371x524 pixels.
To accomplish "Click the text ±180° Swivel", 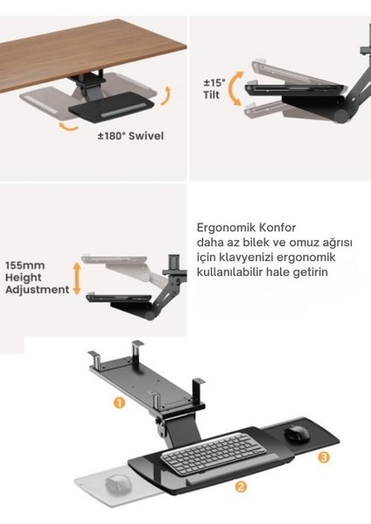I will point(131,136).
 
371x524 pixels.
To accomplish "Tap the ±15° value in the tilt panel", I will point(214,84).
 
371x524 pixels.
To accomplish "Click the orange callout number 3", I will point(323,457).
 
